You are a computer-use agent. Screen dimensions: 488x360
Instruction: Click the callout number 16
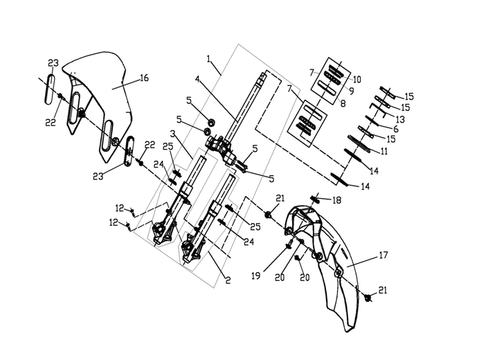pos(144,78)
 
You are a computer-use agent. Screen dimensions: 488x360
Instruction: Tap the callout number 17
pos(383,255)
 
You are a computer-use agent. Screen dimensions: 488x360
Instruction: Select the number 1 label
pos(208,59)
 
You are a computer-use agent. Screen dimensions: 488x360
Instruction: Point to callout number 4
pos(197,79)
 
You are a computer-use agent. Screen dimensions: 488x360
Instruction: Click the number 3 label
pos(173,134)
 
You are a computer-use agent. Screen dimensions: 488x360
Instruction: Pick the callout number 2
pos(228,280)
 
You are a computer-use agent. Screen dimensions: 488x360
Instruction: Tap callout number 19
pos(256,276)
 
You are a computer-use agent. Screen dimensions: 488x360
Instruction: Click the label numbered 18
pos(336,200)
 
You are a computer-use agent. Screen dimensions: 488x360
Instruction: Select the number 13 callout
pos(400,119)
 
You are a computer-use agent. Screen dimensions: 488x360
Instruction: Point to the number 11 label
pos(384,151)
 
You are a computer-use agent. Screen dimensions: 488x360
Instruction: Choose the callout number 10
pos(356,80)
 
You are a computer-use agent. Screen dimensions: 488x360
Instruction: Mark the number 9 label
pos(352,91)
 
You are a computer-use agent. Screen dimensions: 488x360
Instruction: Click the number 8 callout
pos(343,103)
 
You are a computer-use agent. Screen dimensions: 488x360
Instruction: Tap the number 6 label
pos(395,129)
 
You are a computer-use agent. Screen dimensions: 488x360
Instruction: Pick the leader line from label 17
pos(363,262)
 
